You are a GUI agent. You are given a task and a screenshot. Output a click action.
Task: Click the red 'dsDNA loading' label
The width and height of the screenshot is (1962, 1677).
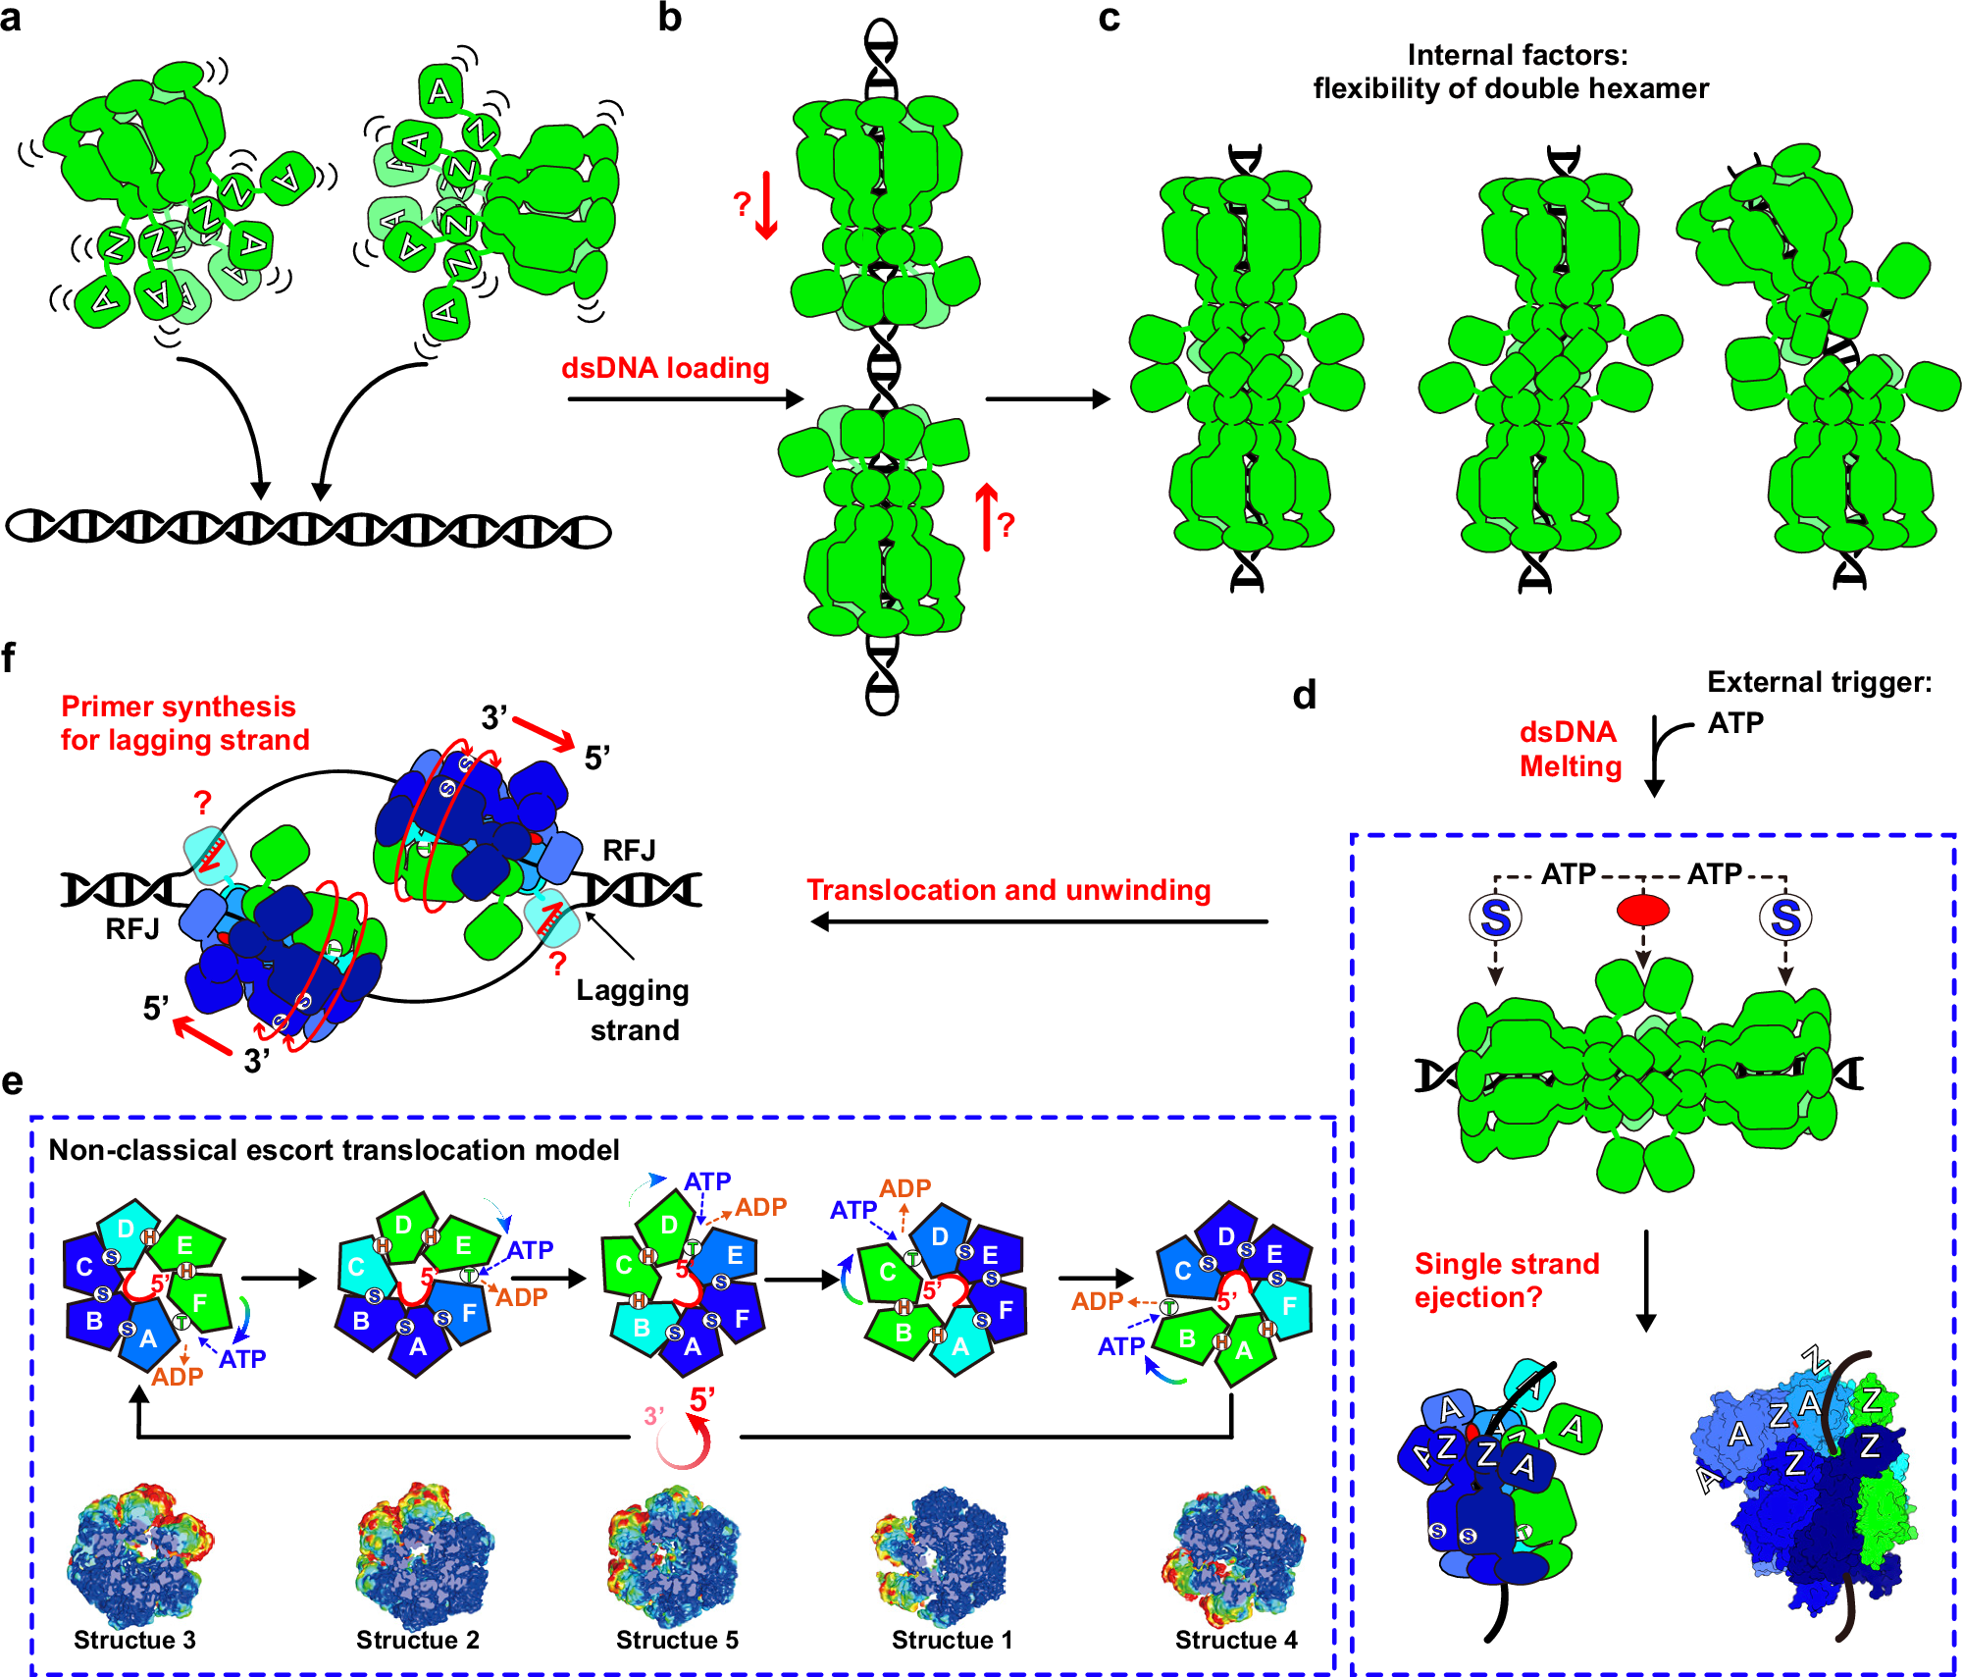[x=665, y=368]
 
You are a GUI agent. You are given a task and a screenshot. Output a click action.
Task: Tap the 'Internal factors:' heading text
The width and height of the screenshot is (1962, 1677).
[x=1517, y=55]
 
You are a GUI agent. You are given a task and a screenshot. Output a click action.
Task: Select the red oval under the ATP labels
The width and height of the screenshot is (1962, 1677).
[x=1643, y=911]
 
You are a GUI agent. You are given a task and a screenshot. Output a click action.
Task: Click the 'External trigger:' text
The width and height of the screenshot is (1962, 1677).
[x=1819, y=682]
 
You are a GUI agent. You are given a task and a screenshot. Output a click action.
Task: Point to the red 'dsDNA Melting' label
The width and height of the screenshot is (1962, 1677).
[x=1570, y=749]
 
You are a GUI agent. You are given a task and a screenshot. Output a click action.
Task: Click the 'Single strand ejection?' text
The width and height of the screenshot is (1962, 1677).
[x=1507, y=1281]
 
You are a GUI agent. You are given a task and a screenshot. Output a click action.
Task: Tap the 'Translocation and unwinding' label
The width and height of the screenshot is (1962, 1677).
[x=1008, y=890]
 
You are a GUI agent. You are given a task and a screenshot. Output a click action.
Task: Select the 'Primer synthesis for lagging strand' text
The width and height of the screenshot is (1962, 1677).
[x=184, y=723]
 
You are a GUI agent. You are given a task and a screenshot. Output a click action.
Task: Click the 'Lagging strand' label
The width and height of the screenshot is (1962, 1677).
[x=634, y=1010]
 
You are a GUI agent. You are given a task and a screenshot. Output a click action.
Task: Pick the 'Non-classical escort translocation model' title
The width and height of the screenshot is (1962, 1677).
[x=334, y=1150]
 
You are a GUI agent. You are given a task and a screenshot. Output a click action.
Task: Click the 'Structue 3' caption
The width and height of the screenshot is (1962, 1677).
[x=134, y=1640]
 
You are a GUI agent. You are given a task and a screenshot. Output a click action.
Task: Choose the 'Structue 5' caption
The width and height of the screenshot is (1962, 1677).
[x=677, y=1640]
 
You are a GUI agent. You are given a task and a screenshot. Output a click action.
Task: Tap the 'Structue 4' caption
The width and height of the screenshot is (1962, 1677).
[x=1236, y=1640]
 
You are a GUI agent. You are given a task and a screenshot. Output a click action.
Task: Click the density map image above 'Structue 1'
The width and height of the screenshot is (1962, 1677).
[x=940, y=1555]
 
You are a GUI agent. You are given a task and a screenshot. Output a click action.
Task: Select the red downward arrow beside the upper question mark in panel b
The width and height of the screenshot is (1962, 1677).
[x=766, y=205]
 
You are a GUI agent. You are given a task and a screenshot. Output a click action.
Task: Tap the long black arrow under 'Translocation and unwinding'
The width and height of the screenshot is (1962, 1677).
[x=1040, y=921]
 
